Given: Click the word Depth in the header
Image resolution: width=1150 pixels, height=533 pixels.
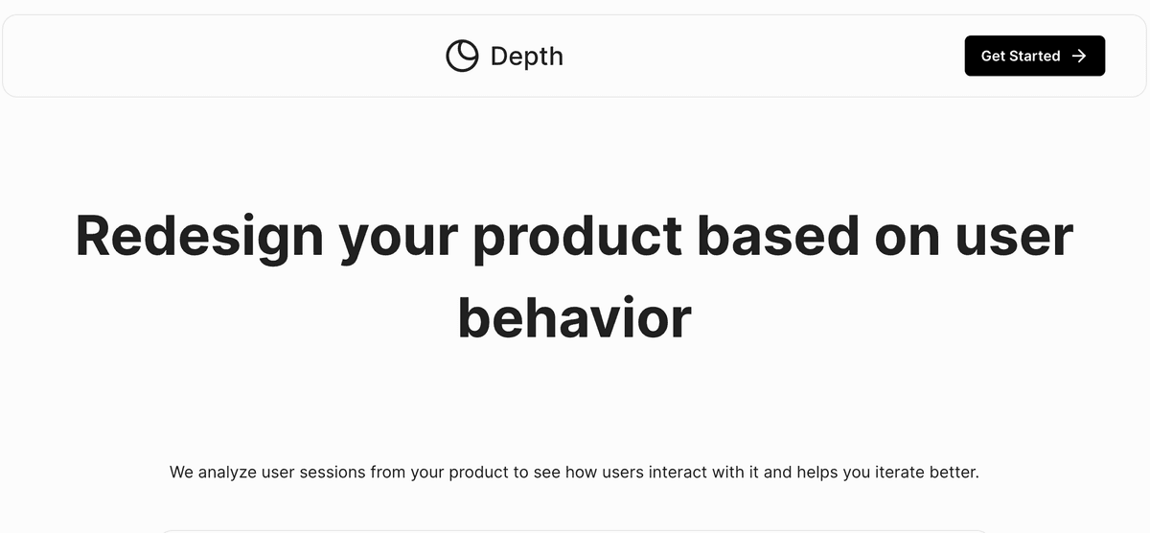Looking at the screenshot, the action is click(527, 57).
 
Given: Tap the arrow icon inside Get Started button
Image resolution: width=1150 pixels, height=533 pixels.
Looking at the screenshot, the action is click(1079, 56).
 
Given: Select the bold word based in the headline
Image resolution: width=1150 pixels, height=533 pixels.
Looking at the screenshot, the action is click(778, 235).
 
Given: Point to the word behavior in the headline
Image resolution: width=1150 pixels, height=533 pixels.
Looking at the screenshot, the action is click(574, 318).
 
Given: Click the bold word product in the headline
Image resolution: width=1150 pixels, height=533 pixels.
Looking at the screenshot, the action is click(577, 238).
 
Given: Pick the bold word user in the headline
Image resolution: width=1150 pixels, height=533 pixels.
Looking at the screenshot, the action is click(1015, 238).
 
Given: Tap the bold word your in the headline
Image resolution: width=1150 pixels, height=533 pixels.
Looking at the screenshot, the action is click(399, 241).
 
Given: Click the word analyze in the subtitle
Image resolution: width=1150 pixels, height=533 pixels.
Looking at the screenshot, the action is click(227, 473).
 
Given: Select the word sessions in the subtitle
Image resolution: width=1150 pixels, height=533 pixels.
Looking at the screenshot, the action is click(333, 473).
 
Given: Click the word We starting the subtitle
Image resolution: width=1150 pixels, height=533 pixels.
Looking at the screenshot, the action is click(181, 472).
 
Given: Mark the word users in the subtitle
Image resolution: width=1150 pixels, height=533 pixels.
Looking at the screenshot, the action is click(623, 473).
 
